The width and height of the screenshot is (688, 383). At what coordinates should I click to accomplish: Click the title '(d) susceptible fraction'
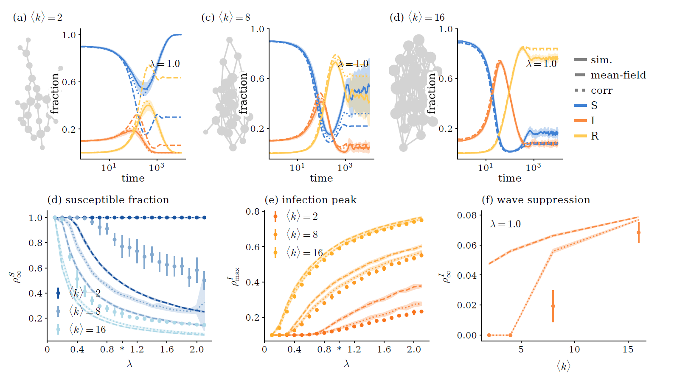tap(108, 200)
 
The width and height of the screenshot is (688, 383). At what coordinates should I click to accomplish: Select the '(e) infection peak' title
tap(310, 200)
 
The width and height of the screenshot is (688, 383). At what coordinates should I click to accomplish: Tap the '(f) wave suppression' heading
tap(536, 200)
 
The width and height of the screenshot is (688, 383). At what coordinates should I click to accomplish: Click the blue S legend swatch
tap(580, 106)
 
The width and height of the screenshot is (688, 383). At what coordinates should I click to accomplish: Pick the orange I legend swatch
tap(580, 121)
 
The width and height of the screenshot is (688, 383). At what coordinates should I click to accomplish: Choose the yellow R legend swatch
tap(580, 136)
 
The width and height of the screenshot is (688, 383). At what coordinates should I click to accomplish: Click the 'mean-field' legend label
tap(618, 75)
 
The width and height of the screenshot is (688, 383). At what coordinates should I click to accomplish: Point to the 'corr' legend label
tap(601, 90)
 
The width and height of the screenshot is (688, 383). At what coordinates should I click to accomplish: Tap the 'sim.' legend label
tap(601, 60)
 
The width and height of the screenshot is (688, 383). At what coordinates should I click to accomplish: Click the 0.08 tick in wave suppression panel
tap(467, 215)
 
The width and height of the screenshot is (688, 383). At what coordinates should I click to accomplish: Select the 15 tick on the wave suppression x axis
tap(628, 349)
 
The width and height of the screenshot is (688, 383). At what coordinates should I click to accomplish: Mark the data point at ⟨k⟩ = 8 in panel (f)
tap(553, 306)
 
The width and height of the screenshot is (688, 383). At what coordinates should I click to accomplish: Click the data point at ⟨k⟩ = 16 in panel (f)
tap(639, 232)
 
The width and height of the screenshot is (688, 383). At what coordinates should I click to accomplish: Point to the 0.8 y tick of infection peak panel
tap(253, 212)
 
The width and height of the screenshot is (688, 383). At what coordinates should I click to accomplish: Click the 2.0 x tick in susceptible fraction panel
tap(197, 349)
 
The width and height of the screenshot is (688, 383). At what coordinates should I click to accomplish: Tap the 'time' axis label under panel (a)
tap(133, 178)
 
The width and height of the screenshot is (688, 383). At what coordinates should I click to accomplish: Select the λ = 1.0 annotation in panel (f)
tap(505, 224)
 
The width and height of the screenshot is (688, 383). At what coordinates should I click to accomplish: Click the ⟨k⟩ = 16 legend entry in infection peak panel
tap(304, 253)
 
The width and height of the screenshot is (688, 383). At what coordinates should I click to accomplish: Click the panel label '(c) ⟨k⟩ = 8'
tap(226, 17)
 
